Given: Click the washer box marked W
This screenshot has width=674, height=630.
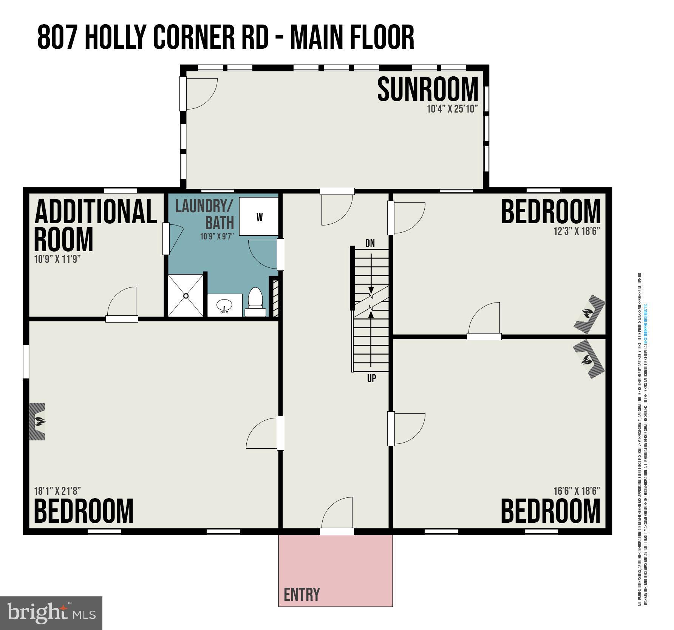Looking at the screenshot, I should coord(259,217).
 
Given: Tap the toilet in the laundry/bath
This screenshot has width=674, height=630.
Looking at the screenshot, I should coord(255,301).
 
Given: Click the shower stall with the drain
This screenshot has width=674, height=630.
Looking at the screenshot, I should coord(186,296).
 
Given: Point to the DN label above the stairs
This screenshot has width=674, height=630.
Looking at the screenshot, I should coord(370,243).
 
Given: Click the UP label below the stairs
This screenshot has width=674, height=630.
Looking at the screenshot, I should coord(371,378).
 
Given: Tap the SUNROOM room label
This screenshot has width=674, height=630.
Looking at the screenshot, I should coord(428,89).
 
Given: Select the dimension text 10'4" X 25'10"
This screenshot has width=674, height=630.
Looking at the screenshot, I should coord(452,109).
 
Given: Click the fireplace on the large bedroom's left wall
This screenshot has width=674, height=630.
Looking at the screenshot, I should coord(38,421).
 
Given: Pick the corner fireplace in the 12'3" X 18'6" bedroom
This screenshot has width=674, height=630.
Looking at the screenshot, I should coord(589,314).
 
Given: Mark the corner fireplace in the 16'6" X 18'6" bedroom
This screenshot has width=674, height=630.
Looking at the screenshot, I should coord(588,359).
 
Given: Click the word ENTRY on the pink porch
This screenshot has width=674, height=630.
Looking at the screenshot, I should coord(301,594).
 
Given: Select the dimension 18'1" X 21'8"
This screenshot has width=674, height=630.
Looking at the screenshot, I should coord(57,491).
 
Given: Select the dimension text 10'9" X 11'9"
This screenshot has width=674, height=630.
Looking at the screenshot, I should coord(57,259).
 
